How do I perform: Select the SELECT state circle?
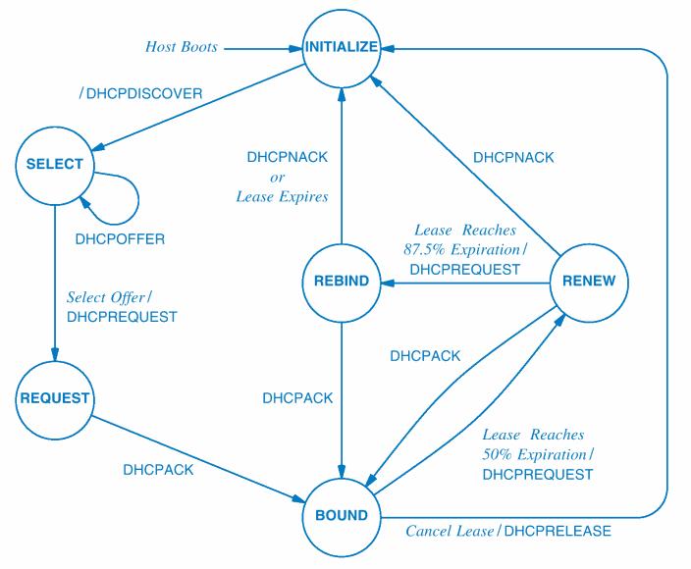55,164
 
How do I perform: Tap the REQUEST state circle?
55,398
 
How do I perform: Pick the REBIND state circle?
342,282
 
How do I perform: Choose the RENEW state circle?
589,282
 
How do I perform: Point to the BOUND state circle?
342,515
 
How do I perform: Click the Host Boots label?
182,46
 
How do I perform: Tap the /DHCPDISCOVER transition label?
140,93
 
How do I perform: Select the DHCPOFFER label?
120,238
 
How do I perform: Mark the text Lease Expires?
282,195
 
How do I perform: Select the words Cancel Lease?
451,532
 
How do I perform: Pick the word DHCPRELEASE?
558,532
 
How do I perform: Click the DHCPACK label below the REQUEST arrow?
158,469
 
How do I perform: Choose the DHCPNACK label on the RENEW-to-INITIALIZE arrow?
513,157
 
